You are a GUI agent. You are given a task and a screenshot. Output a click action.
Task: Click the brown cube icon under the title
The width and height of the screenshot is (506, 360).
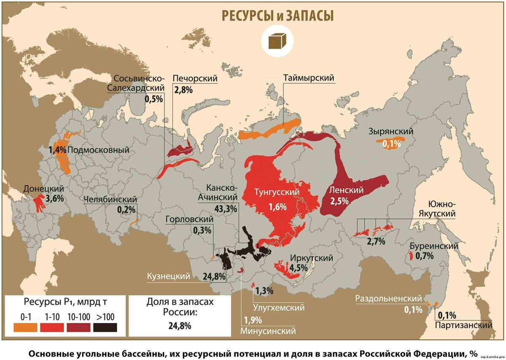pyautogui.click(x=277, y=41)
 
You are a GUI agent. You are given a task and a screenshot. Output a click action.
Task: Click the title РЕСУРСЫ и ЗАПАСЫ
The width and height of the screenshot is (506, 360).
pyautogui.click(x=277, y=16)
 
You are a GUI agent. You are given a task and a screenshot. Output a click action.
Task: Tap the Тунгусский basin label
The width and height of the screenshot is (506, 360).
pyautogui.click(x=277, y=192)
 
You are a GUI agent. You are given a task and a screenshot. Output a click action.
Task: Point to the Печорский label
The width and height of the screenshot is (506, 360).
pyautogui.click(x=195, y=78)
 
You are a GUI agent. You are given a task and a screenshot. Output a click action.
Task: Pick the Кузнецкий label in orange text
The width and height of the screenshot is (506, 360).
pyautogui.click(x=168, y=276)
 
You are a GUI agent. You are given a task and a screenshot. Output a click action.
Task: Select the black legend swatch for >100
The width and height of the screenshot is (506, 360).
pyautogui.click(x=105, y=328)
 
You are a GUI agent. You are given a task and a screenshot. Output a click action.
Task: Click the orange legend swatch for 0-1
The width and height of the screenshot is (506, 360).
pyautogui.click(x=25, y=328)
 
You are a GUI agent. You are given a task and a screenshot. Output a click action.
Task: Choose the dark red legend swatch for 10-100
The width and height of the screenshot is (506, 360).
pyautogui.click(x=78, y=328)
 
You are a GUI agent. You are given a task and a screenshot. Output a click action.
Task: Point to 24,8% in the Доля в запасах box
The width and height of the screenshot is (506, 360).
pyautogui.click(x=180, y=325)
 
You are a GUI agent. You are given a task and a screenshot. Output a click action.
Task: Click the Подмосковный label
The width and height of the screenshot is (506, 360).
pyautogui.click(x=98, y=150)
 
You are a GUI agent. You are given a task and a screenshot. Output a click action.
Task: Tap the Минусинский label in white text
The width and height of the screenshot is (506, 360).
pyautogui.click(x=268, y=330)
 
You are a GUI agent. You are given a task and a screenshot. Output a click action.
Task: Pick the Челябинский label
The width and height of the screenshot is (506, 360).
pyautogui.click(x=110, y=199)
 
